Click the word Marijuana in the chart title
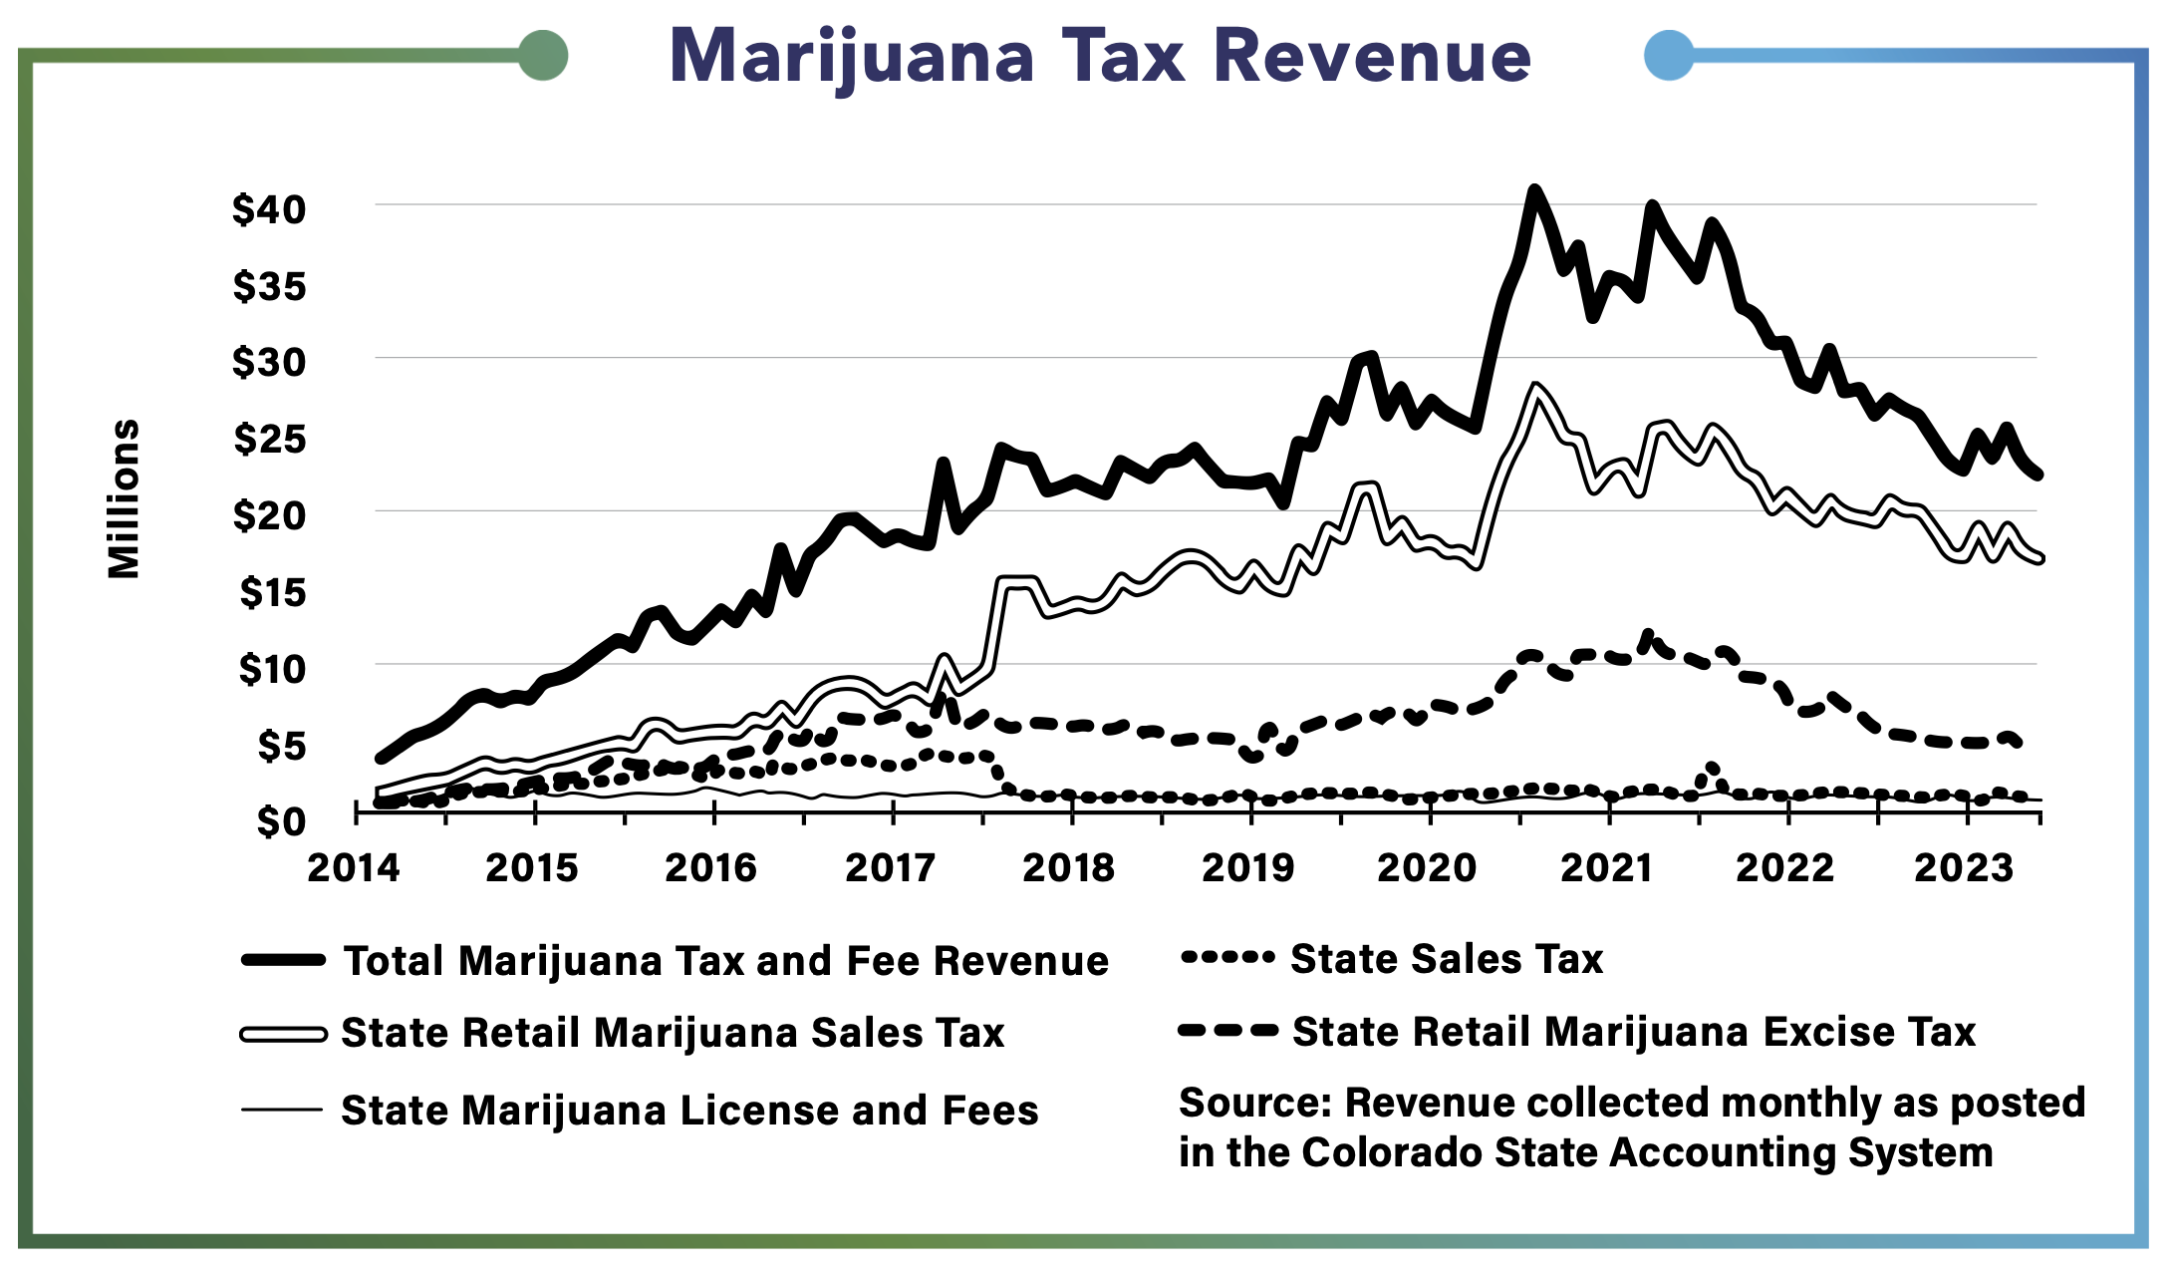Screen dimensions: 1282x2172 [852, 57]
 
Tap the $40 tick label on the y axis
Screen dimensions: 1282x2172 [269, 209]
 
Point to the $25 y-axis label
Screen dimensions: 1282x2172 [269, 439]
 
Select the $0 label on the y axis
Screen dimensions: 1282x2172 [281, 821]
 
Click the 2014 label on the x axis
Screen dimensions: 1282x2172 [353, 868]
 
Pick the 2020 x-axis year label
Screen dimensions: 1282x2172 [1427, 868]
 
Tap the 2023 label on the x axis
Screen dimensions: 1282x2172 [1964, 868]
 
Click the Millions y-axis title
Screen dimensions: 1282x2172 [124, 498]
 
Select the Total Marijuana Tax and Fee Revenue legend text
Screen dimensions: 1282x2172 [725, 961]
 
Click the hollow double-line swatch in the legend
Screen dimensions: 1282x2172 [283, 1035]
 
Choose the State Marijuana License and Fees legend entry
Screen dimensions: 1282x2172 [689, 1111]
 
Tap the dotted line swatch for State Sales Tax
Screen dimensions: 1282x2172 [1226, 958]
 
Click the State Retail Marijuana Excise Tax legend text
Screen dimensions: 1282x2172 [1633, 1032]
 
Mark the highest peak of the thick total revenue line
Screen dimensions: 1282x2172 [1534, 189]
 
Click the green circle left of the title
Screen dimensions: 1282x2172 [543, 55]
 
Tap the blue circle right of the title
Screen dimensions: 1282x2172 [1669, 55]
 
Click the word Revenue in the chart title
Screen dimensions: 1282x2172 [1372, 57]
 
